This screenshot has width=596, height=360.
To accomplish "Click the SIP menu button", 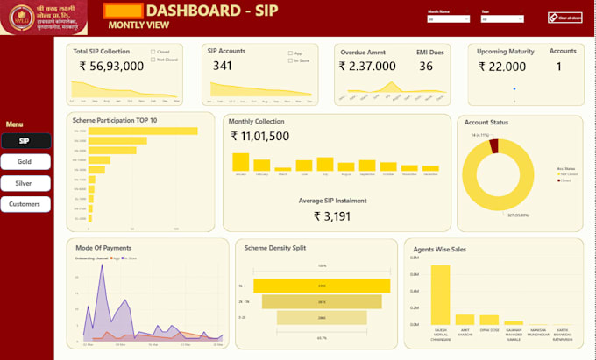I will coord(25,140).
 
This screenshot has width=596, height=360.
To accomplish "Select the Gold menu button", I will coord(25,162).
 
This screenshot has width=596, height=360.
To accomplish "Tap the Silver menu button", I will coord(25,183).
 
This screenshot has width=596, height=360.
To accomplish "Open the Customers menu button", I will coord(25,204).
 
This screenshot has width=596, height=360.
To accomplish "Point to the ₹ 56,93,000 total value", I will coord(111,66).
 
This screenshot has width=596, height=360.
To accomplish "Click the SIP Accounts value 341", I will coord(223,66).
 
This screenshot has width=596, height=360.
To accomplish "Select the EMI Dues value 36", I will coord(425,67).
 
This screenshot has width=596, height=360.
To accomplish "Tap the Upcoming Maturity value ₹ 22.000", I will coord(501,67).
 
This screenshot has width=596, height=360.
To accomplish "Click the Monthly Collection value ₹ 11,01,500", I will coord(260,136).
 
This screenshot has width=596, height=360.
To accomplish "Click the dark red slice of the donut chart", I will coord(494,147).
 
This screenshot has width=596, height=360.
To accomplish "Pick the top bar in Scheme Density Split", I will coord(322,286).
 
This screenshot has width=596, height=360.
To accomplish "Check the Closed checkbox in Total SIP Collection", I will coord(153,52).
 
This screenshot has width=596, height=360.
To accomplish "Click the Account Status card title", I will coord(486,123).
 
